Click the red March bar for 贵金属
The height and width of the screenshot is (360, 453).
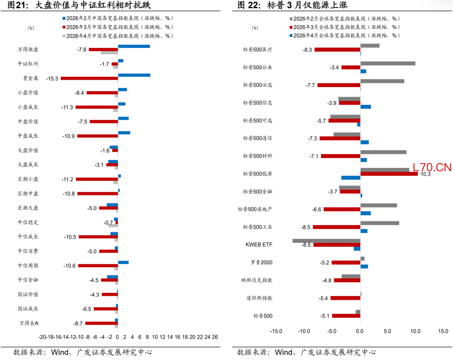point(89,78)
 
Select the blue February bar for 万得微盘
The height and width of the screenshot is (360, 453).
point(134,46)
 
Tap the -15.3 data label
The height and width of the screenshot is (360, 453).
point(52,78)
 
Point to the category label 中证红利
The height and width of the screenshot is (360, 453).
point(28,64)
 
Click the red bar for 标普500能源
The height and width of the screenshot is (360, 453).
point(389,174)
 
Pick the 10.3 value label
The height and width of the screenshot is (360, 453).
point(425,174)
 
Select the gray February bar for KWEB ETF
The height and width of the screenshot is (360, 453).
point(326,241)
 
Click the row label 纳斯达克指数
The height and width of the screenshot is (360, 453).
point(256,280)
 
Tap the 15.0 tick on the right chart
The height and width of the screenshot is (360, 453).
point(443,331)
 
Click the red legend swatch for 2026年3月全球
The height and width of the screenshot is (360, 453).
point(290,27)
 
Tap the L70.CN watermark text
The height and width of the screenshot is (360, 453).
point(432,168)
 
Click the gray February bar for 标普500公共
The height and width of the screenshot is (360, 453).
point(388,63)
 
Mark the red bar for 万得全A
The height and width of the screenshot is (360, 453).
point(102,323)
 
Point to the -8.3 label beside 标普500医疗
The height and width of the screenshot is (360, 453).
point(307,50)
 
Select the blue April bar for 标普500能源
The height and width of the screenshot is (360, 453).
point(351,178)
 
